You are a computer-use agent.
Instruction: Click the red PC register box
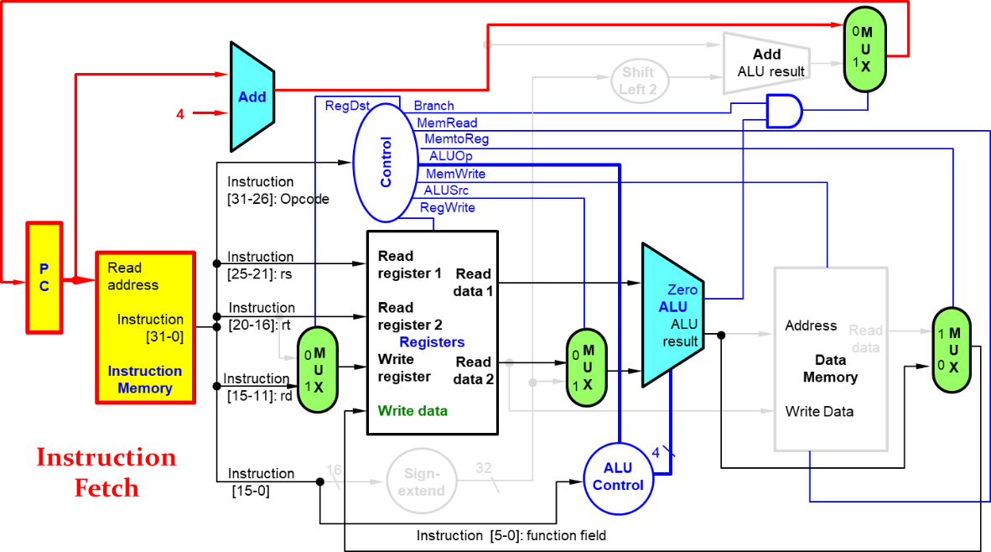coord(44,277)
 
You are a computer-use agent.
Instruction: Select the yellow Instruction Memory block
coord(145,327)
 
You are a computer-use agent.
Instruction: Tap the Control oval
coord(385,163)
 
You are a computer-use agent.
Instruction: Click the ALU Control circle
coord(618,476)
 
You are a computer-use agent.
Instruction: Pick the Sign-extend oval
coord(421,482)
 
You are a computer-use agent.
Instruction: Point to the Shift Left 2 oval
coord(644,81)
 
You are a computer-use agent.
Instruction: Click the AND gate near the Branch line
coord(783,111)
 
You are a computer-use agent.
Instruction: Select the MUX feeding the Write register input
coord(319,369)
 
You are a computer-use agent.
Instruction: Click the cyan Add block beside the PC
coord(252,96)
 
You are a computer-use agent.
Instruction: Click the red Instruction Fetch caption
coord(106,471)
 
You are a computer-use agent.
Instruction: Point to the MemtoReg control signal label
coord(456,138)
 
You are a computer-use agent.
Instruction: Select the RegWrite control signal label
coord(447,207)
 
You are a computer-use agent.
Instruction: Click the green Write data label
coord(412,410)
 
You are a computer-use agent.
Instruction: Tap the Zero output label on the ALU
coord(682,289)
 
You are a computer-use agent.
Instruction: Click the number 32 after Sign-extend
coord(484,466)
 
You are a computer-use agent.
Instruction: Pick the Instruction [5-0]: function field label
coord(511,535)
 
